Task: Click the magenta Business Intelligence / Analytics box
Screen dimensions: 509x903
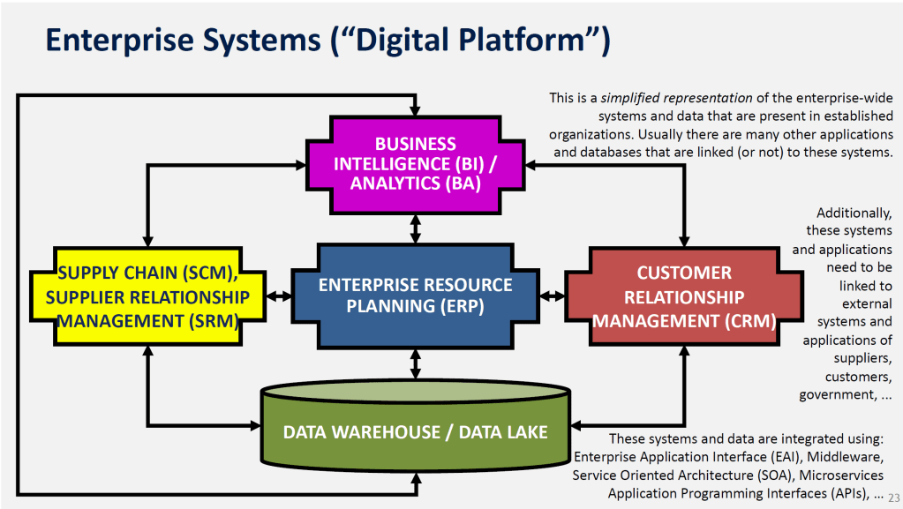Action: click(415, 164)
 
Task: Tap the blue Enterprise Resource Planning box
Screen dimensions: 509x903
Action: click(415, 296)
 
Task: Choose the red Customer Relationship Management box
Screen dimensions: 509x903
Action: click(684, 296)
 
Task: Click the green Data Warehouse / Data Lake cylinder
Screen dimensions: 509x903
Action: click(415, 432)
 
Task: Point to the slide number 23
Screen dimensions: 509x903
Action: click(892, 497)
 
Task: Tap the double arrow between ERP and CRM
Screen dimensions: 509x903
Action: click(552, 296)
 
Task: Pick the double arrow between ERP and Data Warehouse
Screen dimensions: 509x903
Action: click(415, 364)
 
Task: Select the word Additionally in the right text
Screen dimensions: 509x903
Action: click(854, 213)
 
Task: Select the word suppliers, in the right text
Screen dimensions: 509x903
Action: click(863, 359)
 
